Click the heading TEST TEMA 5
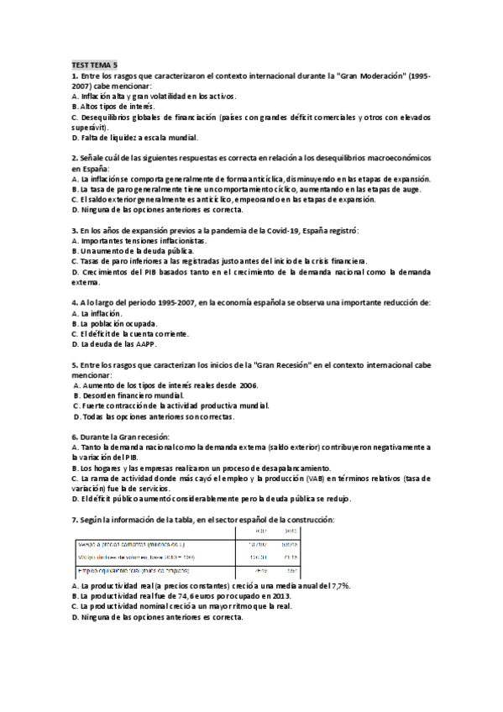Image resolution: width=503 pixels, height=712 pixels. (x=95, y=65)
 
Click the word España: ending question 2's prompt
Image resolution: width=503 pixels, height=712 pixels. (x=87, y=169)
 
